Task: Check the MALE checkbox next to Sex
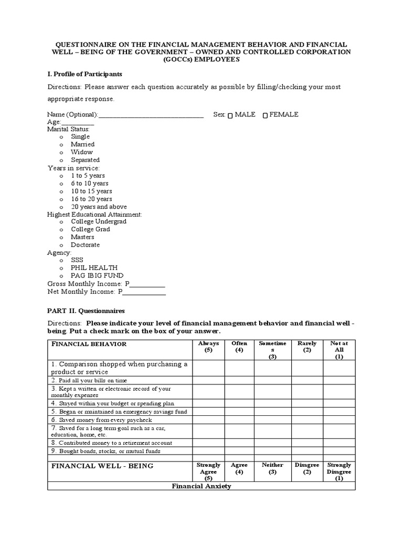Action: click(x=231, y=115)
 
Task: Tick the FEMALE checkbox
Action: click(x=265, y=115)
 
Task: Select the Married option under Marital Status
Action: click(x=61, y=145)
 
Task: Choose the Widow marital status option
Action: click(x=61, y=153)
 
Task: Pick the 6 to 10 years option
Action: click(x=61, y=184)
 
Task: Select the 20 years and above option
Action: click(x=61, y=207)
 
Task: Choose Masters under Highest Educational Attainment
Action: click(x=61, y=238)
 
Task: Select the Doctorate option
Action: click(x=61, y=245)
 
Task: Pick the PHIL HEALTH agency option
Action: click(x=61, y=268)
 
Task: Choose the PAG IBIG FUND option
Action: click(x=61, y=276)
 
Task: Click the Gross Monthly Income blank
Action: click(x=147, y=284)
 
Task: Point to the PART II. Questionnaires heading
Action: click(x=86, y=311)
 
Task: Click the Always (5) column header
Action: click(x=208, y=347)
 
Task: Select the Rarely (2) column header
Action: click(x=307, y=347)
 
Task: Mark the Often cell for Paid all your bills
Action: click(x=239, y=380)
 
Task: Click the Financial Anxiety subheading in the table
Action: click(x=201, y=486)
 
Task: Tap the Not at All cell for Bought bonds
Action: click(x=339, y=452)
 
